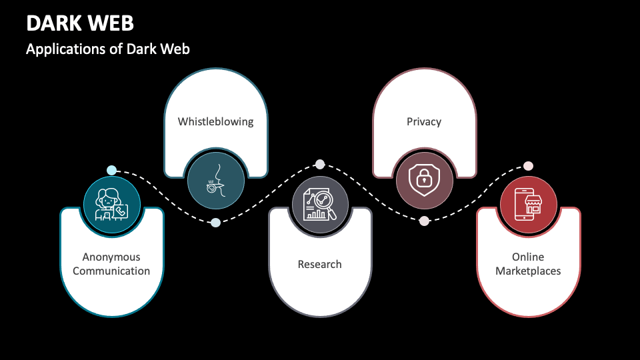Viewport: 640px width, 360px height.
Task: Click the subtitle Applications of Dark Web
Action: (108, 49)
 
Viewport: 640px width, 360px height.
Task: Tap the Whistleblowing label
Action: (215, 122)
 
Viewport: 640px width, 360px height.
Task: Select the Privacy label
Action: (424, 122)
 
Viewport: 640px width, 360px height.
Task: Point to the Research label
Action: (319, 265)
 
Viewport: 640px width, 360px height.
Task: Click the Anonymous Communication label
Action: (111, 264)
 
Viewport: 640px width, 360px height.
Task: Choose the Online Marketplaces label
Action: (528, 264)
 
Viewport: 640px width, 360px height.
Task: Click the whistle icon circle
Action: (215, 179)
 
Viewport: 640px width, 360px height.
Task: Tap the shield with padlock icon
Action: (424, 179)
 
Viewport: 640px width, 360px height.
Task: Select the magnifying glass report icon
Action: (320, 205)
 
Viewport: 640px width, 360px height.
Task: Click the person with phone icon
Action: (111, 205)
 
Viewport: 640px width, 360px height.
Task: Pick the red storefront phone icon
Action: (528, 205)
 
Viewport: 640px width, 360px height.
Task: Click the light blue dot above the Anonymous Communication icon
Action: (111, 170)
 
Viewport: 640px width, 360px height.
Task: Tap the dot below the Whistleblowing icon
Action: (215, 223)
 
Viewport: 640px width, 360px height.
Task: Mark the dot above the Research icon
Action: (320, 164)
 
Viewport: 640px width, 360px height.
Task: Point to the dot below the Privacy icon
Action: (424, 221)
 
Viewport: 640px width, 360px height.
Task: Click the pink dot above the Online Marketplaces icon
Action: (528, 166)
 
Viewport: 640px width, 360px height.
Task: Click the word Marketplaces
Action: (528, 271)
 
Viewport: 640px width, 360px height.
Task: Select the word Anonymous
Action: (111, 257)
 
